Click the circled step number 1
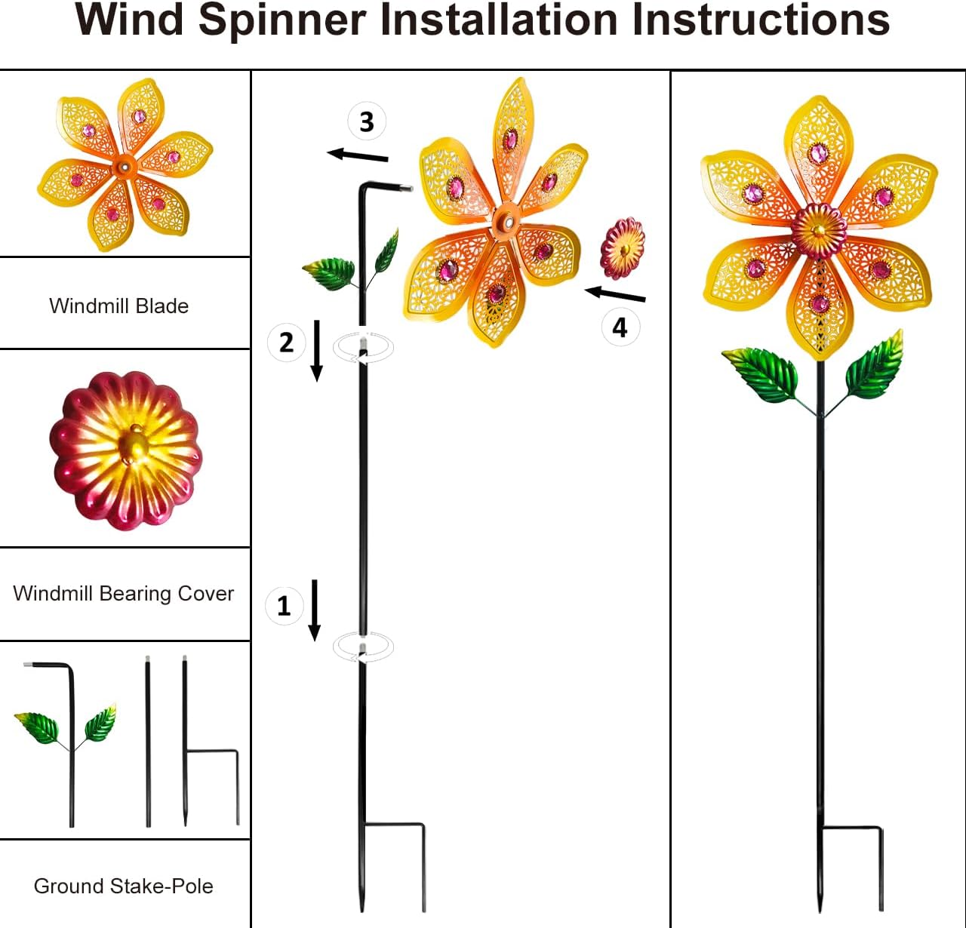(x=285, y=605)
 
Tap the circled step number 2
(x=287, y=343)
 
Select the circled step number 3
(x=367, y=121)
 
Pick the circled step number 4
(x=620, y=327)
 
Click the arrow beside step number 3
(x=358, y=155)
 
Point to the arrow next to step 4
(x=615, y=294)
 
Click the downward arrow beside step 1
(x=315, y=610)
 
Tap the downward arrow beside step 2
(x=317, y=351)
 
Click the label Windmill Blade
(x=119, y=306)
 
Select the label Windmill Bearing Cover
(x=124, y=594)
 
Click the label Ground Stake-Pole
(x=124, y=886)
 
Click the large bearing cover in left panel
(x=126, y=450)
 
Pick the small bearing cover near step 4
(x=623, y=247)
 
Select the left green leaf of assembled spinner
(x=760, y=373)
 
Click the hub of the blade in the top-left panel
(x=124, y=165)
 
